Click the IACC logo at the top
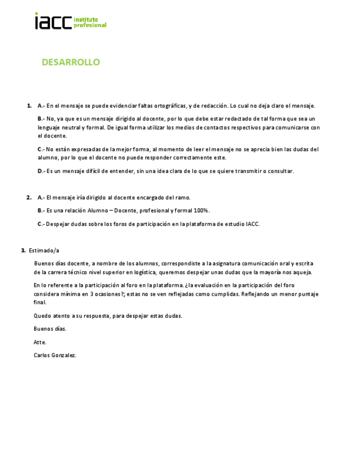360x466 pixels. [70, 21]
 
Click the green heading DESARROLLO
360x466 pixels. [71, 62]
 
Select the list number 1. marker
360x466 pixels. [29, 106]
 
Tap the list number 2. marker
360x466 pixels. [29, 197]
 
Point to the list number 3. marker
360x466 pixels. [24, 250]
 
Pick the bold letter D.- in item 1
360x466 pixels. [41, 171]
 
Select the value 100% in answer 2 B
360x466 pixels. [201, 210]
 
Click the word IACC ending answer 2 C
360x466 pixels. [253, 224]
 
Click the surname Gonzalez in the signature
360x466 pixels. [64, 355]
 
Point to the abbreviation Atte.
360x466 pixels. [40, 342]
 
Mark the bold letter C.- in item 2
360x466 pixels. [41, 224]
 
